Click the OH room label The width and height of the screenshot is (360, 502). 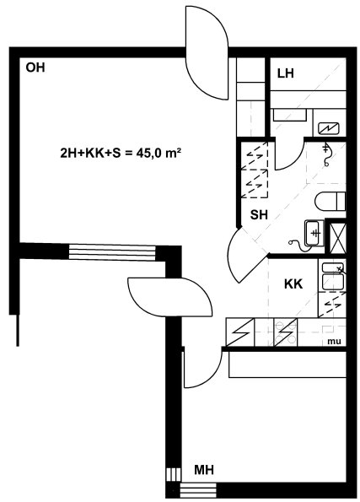pos(35,67)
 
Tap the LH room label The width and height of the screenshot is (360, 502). pos(286,73)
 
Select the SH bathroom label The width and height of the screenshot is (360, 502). pos(259,215)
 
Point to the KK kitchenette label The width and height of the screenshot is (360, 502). pos(293,284)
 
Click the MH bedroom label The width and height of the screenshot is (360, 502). pos(204,470)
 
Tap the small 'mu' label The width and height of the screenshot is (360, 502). pos(334,342)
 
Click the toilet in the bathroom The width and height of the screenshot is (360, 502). pos(330,202)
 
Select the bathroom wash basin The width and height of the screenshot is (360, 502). pos(313,233)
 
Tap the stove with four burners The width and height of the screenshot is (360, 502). pos(286,332)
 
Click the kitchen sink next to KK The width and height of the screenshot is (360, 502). pos(333,276)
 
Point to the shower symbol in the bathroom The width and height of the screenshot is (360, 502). pos(326,154)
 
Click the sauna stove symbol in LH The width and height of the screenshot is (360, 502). pos(329,129)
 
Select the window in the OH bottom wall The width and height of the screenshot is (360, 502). pos(112,252)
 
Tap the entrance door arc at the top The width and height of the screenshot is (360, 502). pos(207,53)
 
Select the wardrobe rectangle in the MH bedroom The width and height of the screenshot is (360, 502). pos(287,364)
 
